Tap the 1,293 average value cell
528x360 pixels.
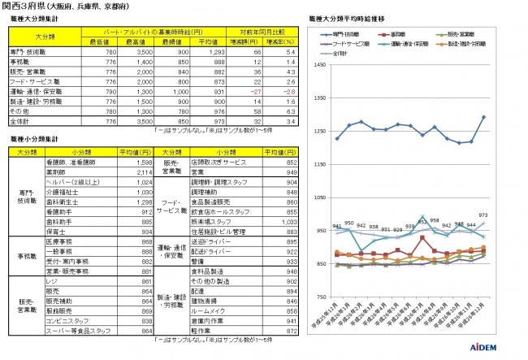coord(211,52)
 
